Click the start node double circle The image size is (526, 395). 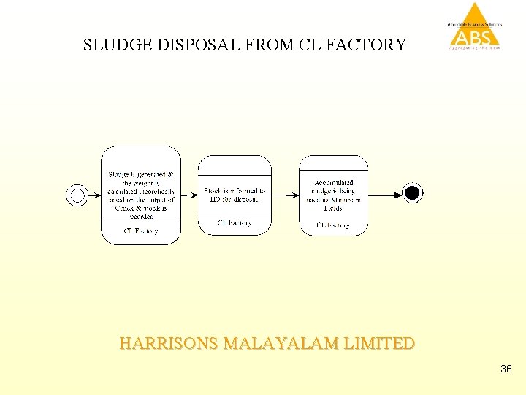coord(77,195)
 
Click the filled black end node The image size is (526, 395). coord(413,193)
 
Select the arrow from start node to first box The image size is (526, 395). coord(94,195)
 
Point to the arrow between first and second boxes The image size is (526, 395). coord(189,195)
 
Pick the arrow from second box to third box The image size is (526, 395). coord(285,195)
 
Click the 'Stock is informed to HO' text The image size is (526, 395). coord(235,195)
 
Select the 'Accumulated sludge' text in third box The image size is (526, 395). coord(334,195)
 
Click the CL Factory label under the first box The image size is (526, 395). coord(141,231)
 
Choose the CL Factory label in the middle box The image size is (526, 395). coord(235,223)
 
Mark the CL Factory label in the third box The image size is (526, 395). coord(333,225)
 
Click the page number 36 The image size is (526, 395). coord(506,369)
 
